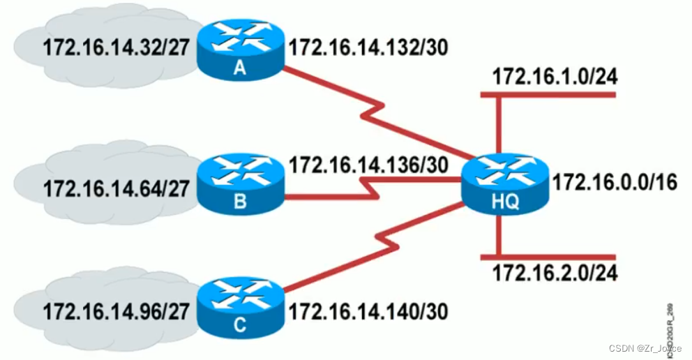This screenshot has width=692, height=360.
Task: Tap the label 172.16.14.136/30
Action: pyautogui.click(x=368, y=165)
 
